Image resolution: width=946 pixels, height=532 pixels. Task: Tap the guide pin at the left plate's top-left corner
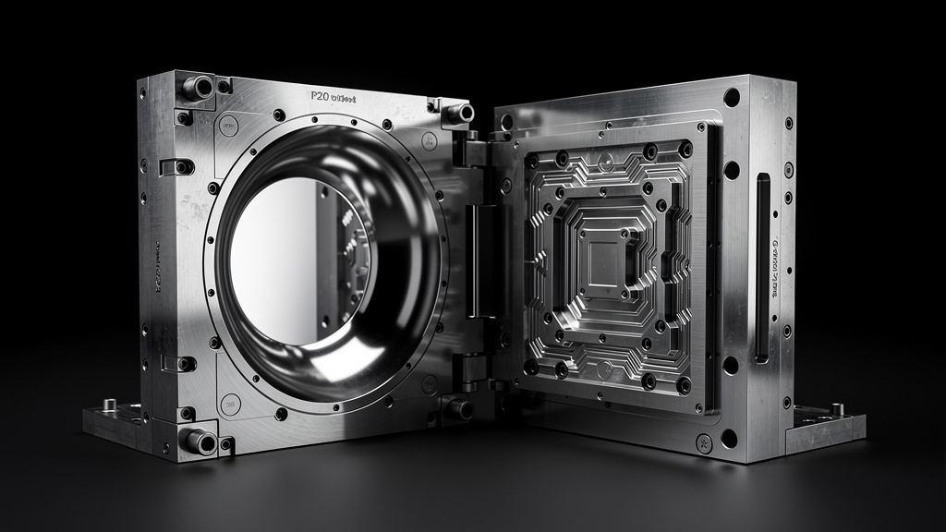[x=198, y=88]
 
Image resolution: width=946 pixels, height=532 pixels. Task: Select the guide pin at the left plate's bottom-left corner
[x=199, y=441]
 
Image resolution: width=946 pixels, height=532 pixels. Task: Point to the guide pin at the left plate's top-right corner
[x=459, y=113]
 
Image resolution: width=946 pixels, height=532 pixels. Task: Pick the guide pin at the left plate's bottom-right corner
[x=457, y=407]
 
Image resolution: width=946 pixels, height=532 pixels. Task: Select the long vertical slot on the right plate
[x=762, y=268]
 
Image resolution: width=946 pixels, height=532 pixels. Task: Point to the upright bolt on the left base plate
[x=109, y=405]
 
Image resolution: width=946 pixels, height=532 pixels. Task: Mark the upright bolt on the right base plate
[x=836, y=408]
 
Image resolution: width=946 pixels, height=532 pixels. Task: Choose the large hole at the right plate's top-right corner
[x=732, y=97]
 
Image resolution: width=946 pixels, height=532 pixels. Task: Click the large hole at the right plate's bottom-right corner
[x=730, y=438]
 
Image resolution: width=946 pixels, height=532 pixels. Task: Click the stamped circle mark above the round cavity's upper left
[x=227, y=123]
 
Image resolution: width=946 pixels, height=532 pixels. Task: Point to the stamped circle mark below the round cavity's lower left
[x=230, y=404]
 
